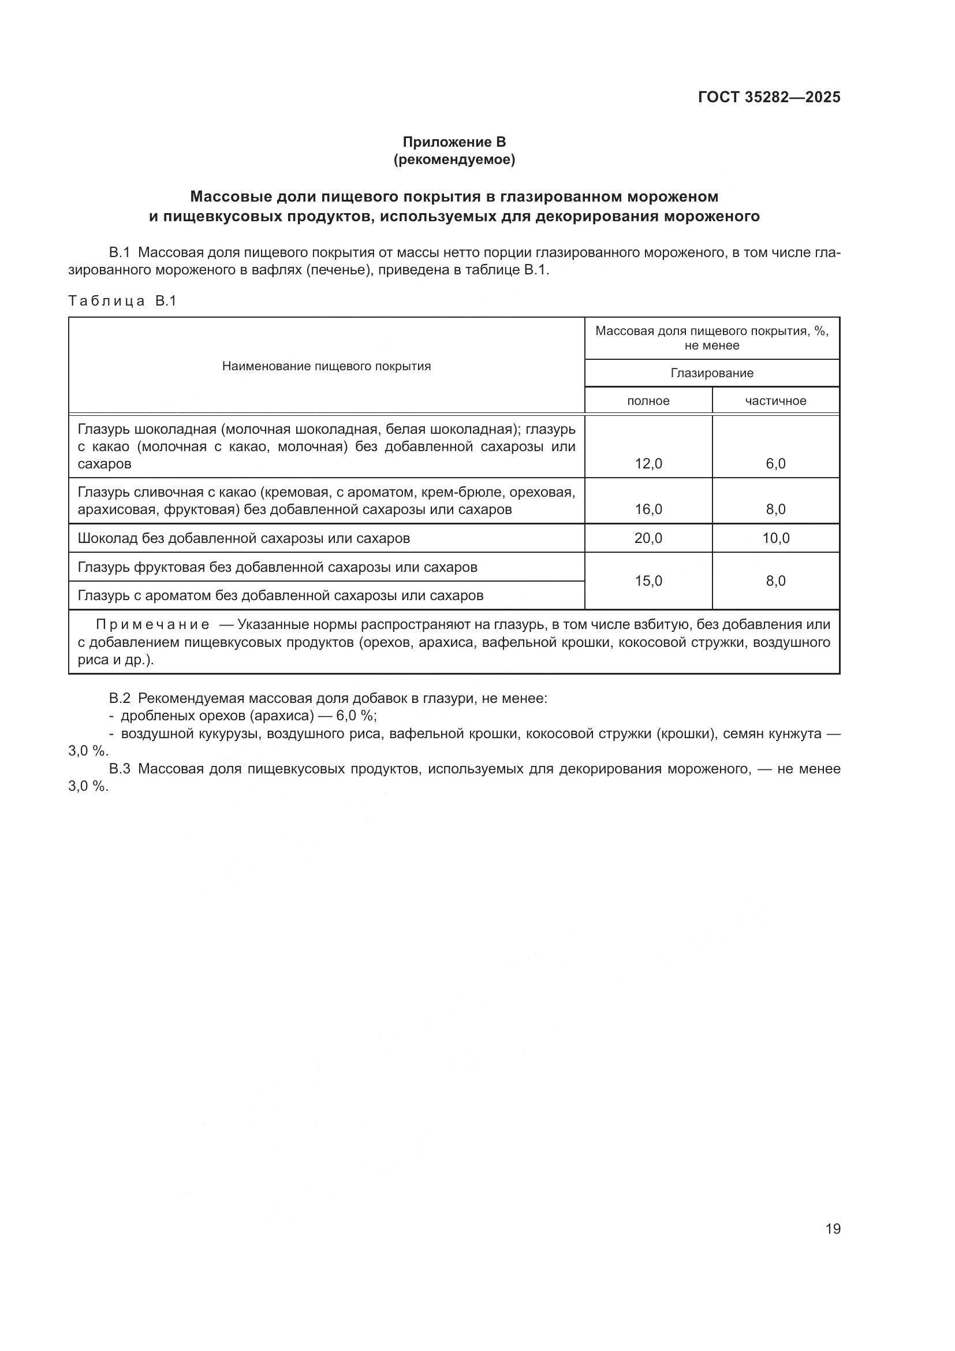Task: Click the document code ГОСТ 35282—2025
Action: (x=769, y=97)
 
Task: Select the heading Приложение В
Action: (x=454, y=142)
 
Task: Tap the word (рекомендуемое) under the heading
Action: (x=454, y=159)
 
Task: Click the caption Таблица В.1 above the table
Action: (x=122, y=302)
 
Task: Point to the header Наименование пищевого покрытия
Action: (x=326, y=366)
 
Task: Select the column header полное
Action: (x=648, y=401)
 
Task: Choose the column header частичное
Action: (x=775, y=401)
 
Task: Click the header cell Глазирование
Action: (x=711, y=373)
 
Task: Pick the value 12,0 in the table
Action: (x=648, y=464)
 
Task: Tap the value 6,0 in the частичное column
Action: (x=775, y=464)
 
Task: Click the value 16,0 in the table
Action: (x=648, y=509)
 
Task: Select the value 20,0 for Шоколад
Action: (x=648, y=538)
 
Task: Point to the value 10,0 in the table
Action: (x=775, y=538)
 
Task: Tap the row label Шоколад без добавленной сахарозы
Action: (x=244, y=538)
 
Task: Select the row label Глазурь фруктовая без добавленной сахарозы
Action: (x=277, y=567)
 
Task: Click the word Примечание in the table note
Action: (x=152, y=624)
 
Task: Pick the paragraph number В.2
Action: (x=120, y=698)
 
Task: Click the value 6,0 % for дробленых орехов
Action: (x=355, y=716)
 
